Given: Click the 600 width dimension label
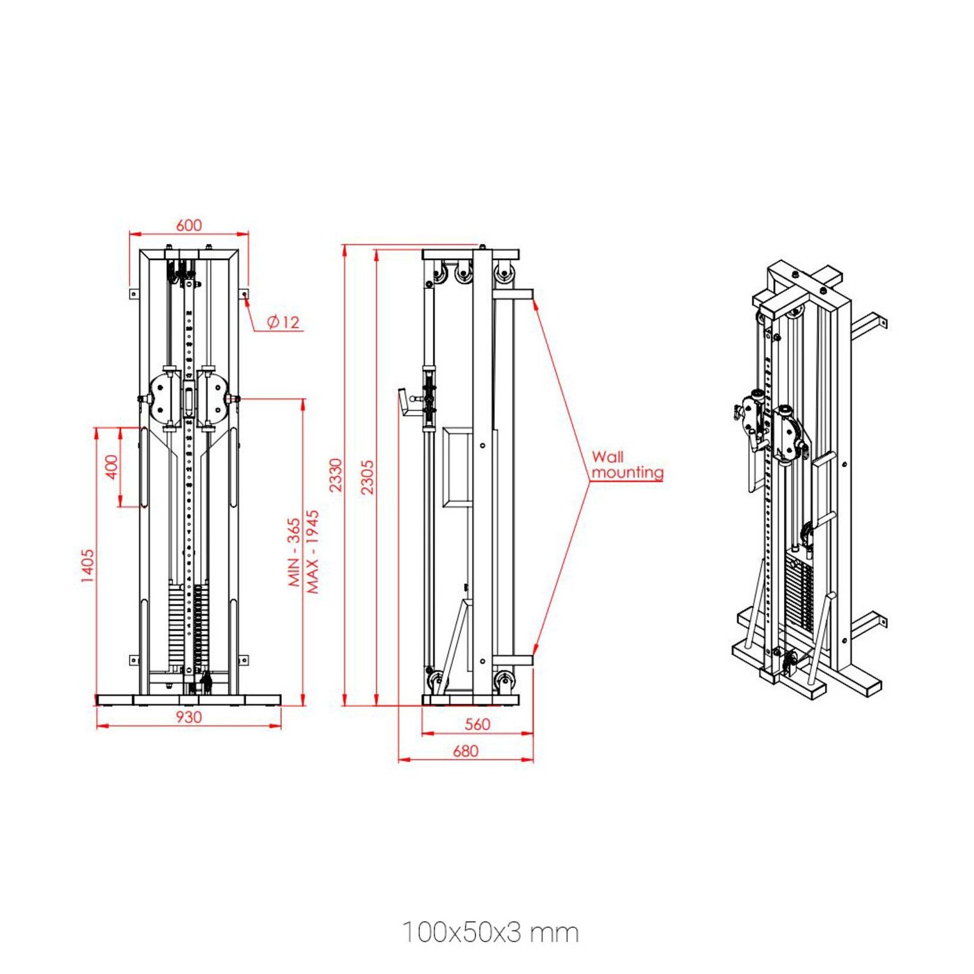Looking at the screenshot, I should click(x=189, y=225).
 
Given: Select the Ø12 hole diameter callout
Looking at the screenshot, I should click(x=284, y=322).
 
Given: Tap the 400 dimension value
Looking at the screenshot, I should click(x=111, y=467).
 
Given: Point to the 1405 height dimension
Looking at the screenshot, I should click(x=88, y=566).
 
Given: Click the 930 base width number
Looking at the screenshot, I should click(x=189, y=717).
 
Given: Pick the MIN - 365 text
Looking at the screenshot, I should click(x=294, y=552).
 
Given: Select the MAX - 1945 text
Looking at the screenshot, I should click(x=312, y=552).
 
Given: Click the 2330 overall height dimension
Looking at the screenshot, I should click(x=335, y=475).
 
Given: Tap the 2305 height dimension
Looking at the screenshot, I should click(x=367, y=477).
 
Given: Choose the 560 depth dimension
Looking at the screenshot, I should click(x=477, y=724).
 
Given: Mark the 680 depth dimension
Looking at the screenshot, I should click(x=465, y=751).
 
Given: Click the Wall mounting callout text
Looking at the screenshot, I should click(x=627, y=464).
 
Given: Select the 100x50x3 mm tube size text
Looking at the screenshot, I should click(x=490, y=933).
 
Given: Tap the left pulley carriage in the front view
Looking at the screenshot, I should click(x=163, y=396).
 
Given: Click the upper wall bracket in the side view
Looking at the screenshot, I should click(x=513, y=294).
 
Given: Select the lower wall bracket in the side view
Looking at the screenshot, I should click(x=513, y=660).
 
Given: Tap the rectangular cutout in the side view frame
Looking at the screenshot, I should click(x=458, y=467).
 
